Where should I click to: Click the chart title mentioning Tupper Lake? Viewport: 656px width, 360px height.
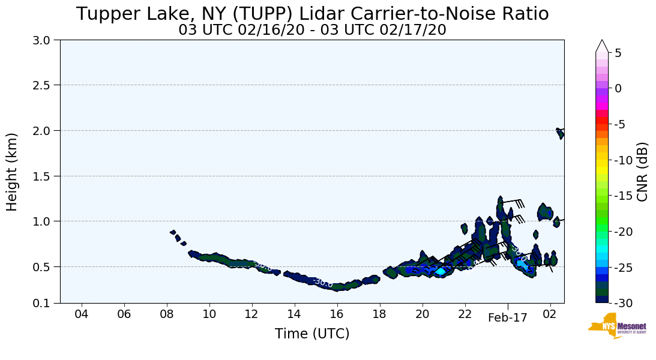coord(312,14)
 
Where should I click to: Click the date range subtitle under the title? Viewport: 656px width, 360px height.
coord(312,30)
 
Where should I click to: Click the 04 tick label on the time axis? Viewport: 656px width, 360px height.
coord(82,314)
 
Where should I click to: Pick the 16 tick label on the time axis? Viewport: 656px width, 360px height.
coord(337,314)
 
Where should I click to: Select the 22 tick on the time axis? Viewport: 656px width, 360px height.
coord(465,314)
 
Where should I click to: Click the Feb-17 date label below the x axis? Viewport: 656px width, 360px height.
coord(507,318)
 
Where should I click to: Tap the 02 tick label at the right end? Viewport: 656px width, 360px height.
coord(550,314)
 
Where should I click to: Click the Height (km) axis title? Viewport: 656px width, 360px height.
coord(13,172)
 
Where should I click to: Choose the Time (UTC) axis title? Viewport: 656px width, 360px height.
coord(312,334)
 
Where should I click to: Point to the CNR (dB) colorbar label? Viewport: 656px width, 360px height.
coord(642,172)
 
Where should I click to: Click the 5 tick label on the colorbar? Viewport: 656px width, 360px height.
coord(618,53)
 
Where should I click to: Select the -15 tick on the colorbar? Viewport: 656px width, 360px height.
coord(623,196)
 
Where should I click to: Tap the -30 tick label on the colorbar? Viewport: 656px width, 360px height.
coord(623,303)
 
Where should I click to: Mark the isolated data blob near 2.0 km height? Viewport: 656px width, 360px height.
coord(560,133)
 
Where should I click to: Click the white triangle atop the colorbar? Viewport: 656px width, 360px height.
coord(602,46)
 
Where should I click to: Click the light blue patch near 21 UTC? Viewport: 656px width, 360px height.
coord(440,272)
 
